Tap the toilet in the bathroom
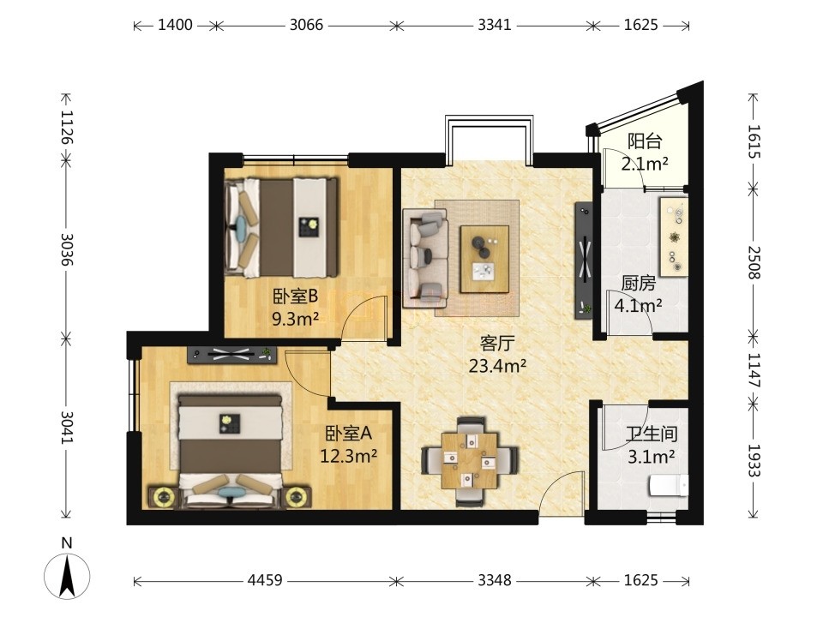click(668, 486)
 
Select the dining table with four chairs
click(470, 461)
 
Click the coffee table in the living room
click(484, 259)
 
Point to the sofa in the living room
click(425, 258)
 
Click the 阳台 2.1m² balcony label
click(645, 153)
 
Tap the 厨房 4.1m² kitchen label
click(638, 294)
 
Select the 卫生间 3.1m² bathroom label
click(652, 446)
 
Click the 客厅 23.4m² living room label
click(497, 355)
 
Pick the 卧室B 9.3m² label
click(296, 308)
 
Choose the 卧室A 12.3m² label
click(349, 445)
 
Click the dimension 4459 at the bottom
click(265, 580)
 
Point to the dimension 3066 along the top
click(307, 25)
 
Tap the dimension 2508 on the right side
click(754, 262)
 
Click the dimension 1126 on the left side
click(67, 127)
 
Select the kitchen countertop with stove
click(674, 237)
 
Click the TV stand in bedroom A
click(232, 355)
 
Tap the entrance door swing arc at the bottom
click(561, 489)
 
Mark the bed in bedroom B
click(281, 227)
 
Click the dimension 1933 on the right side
click(754, 461)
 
